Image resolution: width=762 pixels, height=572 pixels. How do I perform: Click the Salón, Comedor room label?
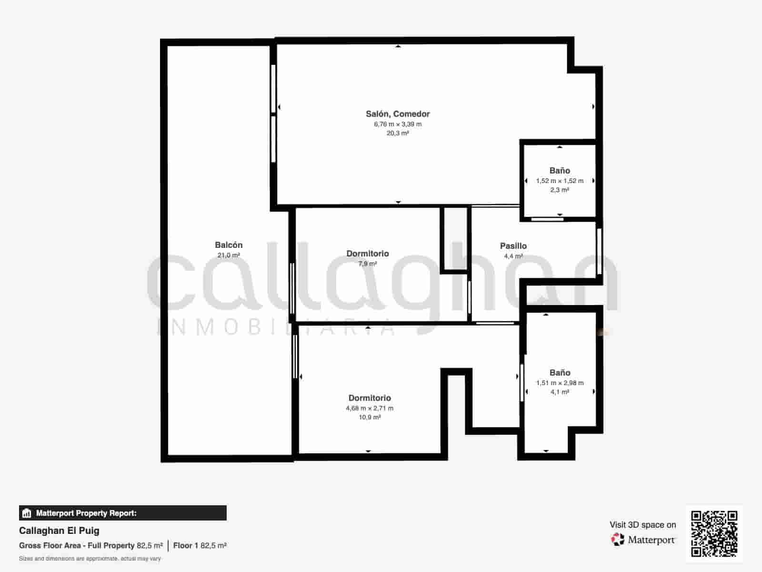pos(398,114)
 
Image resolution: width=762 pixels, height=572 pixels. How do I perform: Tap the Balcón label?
pos(229,245)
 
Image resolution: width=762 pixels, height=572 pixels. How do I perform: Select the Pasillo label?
pos(513,246)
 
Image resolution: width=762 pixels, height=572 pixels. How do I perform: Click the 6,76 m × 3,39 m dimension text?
pos(398,124)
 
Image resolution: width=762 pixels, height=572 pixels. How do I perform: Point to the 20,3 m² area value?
pos(398,133)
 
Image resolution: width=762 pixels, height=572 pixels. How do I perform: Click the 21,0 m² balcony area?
pos(229,255)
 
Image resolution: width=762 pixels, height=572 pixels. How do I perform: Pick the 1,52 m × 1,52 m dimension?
pos(560,181)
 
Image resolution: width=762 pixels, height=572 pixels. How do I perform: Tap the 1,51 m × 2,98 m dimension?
pos(560,383)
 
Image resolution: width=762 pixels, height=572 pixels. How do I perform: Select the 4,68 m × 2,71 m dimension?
pos(370,409)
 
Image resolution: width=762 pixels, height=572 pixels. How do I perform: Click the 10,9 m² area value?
pos(370,418)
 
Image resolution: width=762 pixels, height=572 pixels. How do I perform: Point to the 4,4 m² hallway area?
pos(513,256)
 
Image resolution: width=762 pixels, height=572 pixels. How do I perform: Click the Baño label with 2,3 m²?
pos(560,171)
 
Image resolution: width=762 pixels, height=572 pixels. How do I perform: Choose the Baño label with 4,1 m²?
pos(560,373)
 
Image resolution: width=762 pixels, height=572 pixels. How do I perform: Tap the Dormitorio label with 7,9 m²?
pos(367,254)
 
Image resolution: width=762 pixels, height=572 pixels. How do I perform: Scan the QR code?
pos(714,534)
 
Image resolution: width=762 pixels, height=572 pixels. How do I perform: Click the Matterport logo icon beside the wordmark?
pos(618,540)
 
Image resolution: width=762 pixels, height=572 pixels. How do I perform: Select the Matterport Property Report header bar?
pos(123,513)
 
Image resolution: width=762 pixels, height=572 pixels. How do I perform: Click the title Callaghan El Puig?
pos(59,531)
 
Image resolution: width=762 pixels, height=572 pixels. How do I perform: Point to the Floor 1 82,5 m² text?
pos(200,546)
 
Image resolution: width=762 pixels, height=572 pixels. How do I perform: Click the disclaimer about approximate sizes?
pos(90,559)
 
